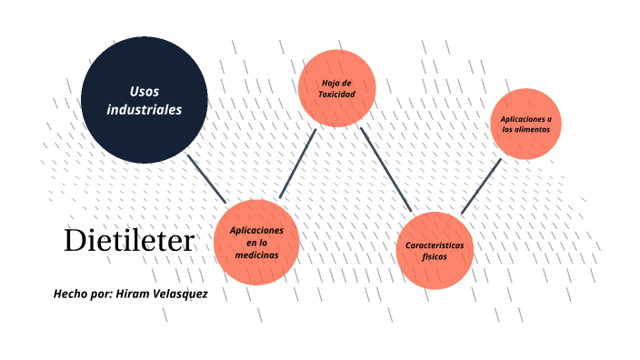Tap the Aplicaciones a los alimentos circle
pos(526,125)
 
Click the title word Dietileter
pos(129,241)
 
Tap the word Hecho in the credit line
pos(70,295)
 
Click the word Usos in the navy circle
pos(145,91)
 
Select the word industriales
pos(145,109)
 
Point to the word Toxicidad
pos(336,94)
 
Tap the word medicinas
pos(256,255)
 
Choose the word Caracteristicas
pos(435,245)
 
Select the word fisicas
pos(435,257)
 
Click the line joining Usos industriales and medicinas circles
pos(206,177)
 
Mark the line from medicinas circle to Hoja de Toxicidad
pos(297,164)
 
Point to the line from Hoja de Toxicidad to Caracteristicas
pos(386,168)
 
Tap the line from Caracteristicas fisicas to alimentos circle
pos(482,186)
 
